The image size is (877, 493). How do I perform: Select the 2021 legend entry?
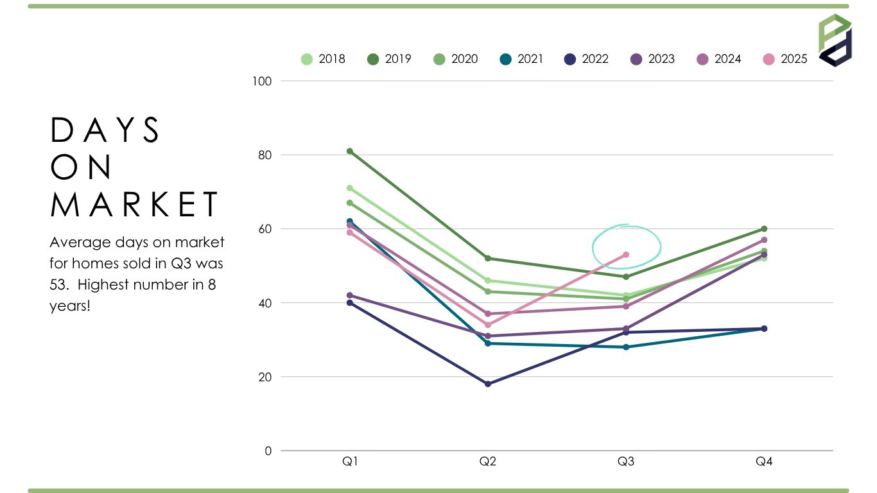(521, 59)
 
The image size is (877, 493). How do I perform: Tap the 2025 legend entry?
(784, 59)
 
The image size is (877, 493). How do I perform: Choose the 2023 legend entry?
(652, 59)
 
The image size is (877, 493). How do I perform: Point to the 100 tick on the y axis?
(265, 81)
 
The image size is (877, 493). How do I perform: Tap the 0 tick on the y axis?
(268, 451)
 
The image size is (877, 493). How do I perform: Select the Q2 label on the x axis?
(488, 462)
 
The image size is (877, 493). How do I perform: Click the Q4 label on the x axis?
(764, 462)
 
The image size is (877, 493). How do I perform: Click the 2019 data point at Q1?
(350, 151)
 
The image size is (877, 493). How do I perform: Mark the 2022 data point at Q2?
(488, 384)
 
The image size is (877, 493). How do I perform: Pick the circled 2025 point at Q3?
(626, 255)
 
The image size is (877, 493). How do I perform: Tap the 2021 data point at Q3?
(626, 347)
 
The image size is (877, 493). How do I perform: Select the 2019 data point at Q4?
(764, 229)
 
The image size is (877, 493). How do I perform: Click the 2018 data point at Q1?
(350, 188)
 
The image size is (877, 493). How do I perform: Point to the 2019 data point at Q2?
(488, 258)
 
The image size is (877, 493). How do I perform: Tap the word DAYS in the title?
(105, 130)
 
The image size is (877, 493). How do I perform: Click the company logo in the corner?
(835, 40)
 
